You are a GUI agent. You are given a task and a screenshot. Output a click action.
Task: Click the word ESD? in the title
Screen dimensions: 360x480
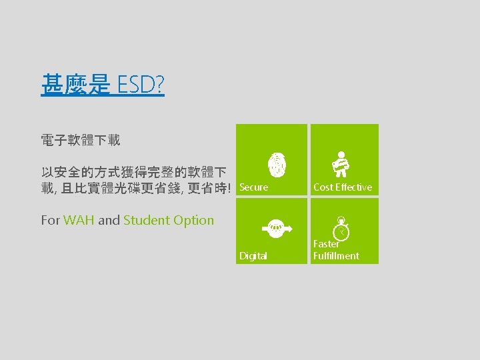pyautogui.click(x=141, y=85)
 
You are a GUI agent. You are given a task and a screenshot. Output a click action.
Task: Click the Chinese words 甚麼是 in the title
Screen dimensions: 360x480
pyautogui.click(x=75, y=85)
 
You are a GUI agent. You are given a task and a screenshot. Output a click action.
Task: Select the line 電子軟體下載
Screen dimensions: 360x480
pyautogui.click(x=80, y=141)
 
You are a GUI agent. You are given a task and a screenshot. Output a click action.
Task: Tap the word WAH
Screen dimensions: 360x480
pyautogui.click(x=79, y=220)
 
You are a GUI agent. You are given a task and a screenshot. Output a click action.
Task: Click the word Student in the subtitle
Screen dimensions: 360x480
pyautogui.click(x=146, y=220)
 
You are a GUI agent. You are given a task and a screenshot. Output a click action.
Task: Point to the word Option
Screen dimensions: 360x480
pyautogui.click(x=193, y=220)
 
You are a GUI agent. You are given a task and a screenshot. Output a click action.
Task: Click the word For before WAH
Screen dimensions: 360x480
pyautogui.click(x=50, y=220)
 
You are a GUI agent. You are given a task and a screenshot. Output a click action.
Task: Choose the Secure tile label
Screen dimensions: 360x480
pyautogui.click(x=253, y=187)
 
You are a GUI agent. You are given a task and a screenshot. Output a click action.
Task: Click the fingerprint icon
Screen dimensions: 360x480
pyautogui.click(x=277, y=163)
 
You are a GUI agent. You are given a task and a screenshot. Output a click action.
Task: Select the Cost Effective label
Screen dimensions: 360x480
pyautogui.click(x=343, y=187)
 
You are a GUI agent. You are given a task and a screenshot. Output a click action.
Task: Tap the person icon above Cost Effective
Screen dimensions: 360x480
pyautogui.click(x=343, y=163)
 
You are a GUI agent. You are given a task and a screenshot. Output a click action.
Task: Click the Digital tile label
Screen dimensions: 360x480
pyautogui.click(x=253, y=256)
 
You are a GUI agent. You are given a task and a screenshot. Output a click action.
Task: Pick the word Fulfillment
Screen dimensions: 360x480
pyautogui.click(x=336, y=256)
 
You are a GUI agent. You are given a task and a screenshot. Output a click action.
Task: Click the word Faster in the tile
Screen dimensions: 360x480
pyautogui.click(x=326, y=245)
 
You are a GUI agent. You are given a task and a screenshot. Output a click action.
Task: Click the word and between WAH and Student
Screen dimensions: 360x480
pyautogui.click(x=109, y=220)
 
